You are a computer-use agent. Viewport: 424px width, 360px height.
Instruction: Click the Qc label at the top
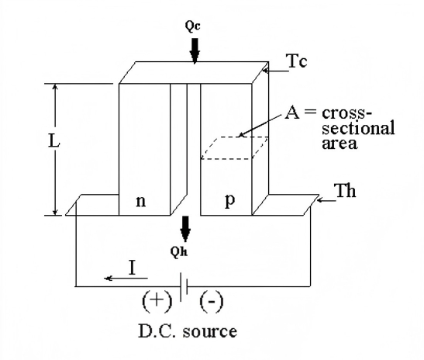click(x=194, y=24)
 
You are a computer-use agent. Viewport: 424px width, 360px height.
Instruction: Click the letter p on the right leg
click(x=230, y=201)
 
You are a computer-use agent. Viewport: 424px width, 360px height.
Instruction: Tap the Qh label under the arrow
click(x=184, y=251)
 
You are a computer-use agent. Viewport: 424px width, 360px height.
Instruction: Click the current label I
click(x=133, y=268)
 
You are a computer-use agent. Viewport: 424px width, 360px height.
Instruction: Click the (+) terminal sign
click(x=153, y=300)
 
